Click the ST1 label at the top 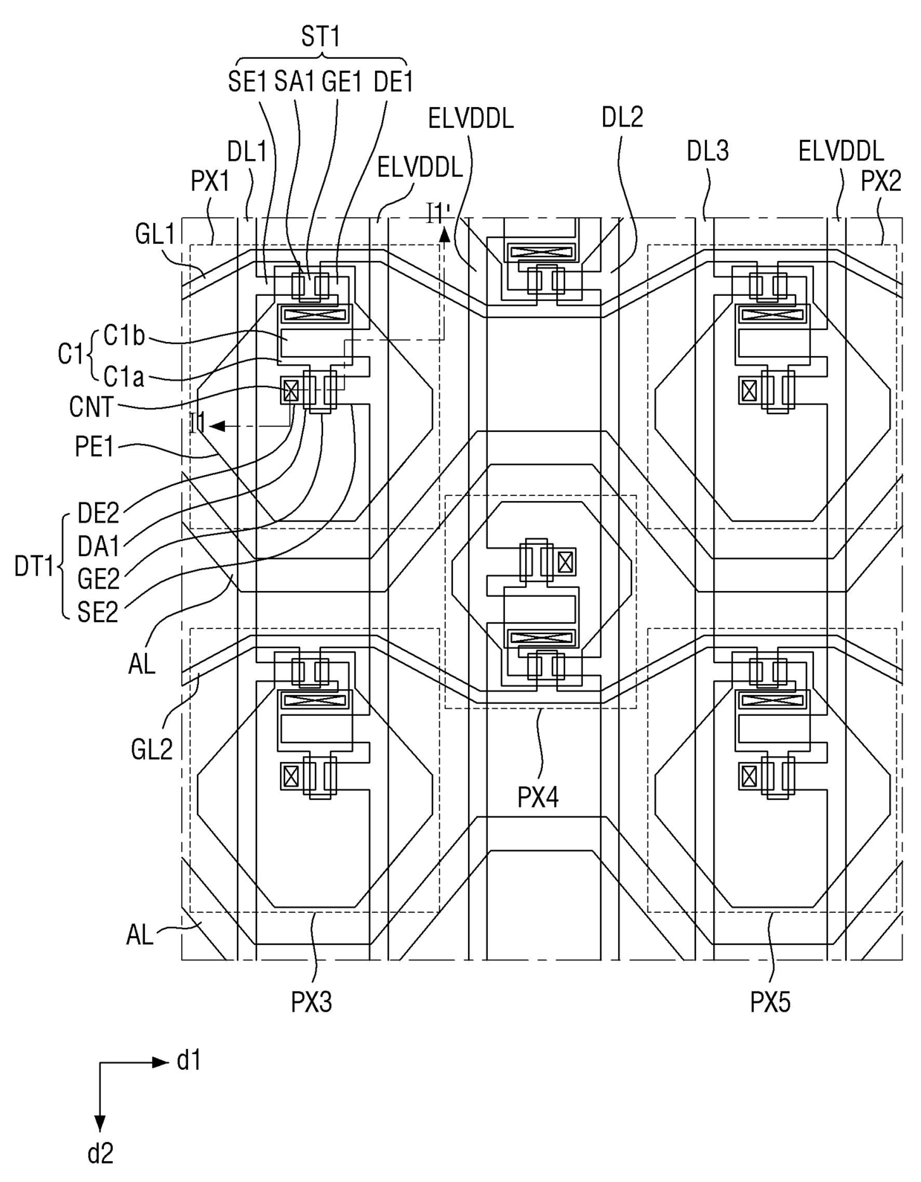tap(321, 37)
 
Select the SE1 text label tap(247, 82)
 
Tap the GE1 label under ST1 tap(342, 82)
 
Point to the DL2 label tap(622, 117)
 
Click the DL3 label tap(708, 151)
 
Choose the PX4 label tap(538, 798)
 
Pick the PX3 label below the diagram tap(311, 1002)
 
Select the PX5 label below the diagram tap(770, 1002)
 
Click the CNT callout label tap(92, 407)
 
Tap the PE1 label tap(94, 447)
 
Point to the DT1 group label tap(33, 567)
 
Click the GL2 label tap(152, 750)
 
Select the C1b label tap(125, 337)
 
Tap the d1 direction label tap(189, 1061)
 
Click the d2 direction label tap(100, 1153)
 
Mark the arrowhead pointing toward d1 tap(161, 1062)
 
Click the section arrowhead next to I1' tap(444, 234)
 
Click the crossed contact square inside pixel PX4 tap(565, 561)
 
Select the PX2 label tap(882, 181)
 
